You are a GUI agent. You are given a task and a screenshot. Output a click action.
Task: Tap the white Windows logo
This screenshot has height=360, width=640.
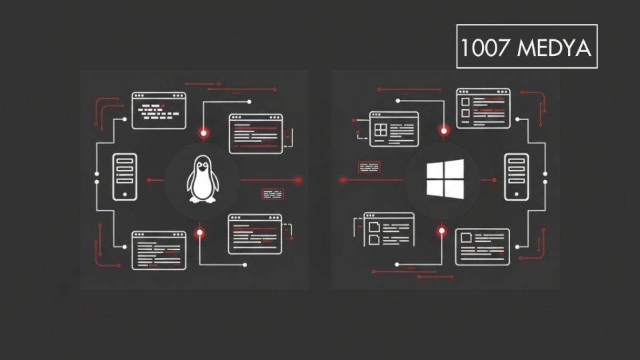(x=445, y=179)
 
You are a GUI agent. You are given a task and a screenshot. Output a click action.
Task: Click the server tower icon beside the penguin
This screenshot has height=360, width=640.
(x=125, y=177)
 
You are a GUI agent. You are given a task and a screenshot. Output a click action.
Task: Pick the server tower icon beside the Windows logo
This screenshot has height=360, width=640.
(x=516, y=177)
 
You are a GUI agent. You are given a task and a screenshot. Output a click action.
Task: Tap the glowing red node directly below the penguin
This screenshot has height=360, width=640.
(x=199, y=232)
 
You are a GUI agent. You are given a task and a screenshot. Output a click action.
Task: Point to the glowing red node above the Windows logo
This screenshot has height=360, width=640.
(x=443, y=131)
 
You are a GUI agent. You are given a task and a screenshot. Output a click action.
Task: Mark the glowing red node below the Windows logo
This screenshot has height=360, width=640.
(x=441, y=231)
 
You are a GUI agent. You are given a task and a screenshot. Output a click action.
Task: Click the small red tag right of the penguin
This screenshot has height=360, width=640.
(x=272, y=195)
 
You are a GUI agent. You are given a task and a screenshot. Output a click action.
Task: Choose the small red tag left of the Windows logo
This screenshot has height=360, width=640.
(x=369, y=167)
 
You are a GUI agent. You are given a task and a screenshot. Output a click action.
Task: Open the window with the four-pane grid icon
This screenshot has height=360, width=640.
(x=394, y=129)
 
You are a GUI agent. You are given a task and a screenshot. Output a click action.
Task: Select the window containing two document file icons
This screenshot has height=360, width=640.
(x=389, y=229)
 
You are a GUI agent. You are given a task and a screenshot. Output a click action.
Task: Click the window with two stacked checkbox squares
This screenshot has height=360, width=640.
(x=483, y=108)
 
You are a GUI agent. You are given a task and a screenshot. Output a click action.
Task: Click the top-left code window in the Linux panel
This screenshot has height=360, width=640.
(x=159, y=110)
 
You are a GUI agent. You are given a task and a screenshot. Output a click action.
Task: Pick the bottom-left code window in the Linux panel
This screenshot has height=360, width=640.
(x=159, y=251)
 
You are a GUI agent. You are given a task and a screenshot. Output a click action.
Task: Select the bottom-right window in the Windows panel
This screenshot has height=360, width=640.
(x=483, y=247)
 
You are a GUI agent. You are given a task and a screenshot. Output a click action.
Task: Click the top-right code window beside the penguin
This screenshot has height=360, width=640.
(x=255, y=134)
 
